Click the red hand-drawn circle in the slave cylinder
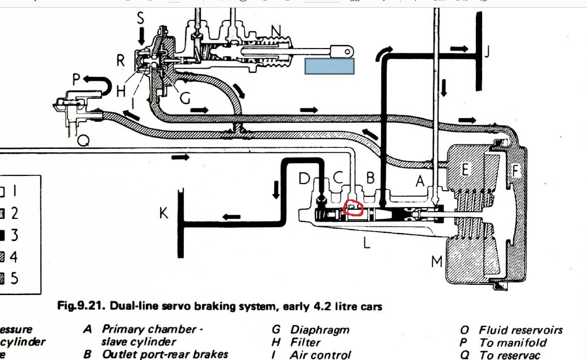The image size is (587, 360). (353, 208)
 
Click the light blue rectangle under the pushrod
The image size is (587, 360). (330, 66)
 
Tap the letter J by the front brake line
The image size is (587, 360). (487, 52)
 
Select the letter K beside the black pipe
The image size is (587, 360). (164, 213)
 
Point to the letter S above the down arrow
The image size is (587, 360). (141, 18)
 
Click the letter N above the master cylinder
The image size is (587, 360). (276, 32)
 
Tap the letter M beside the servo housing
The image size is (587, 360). (437, 262)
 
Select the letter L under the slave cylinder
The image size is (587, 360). (366, 243)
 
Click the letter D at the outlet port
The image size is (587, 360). (305, 178)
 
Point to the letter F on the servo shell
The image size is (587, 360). (516, 171)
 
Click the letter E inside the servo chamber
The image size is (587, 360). (465, 169)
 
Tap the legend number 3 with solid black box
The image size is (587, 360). (15, 235)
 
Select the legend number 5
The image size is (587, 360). (15, 278)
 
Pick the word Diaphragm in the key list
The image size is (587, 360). (320, 330)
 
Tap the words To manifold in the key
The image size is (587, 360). (513, 343)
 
